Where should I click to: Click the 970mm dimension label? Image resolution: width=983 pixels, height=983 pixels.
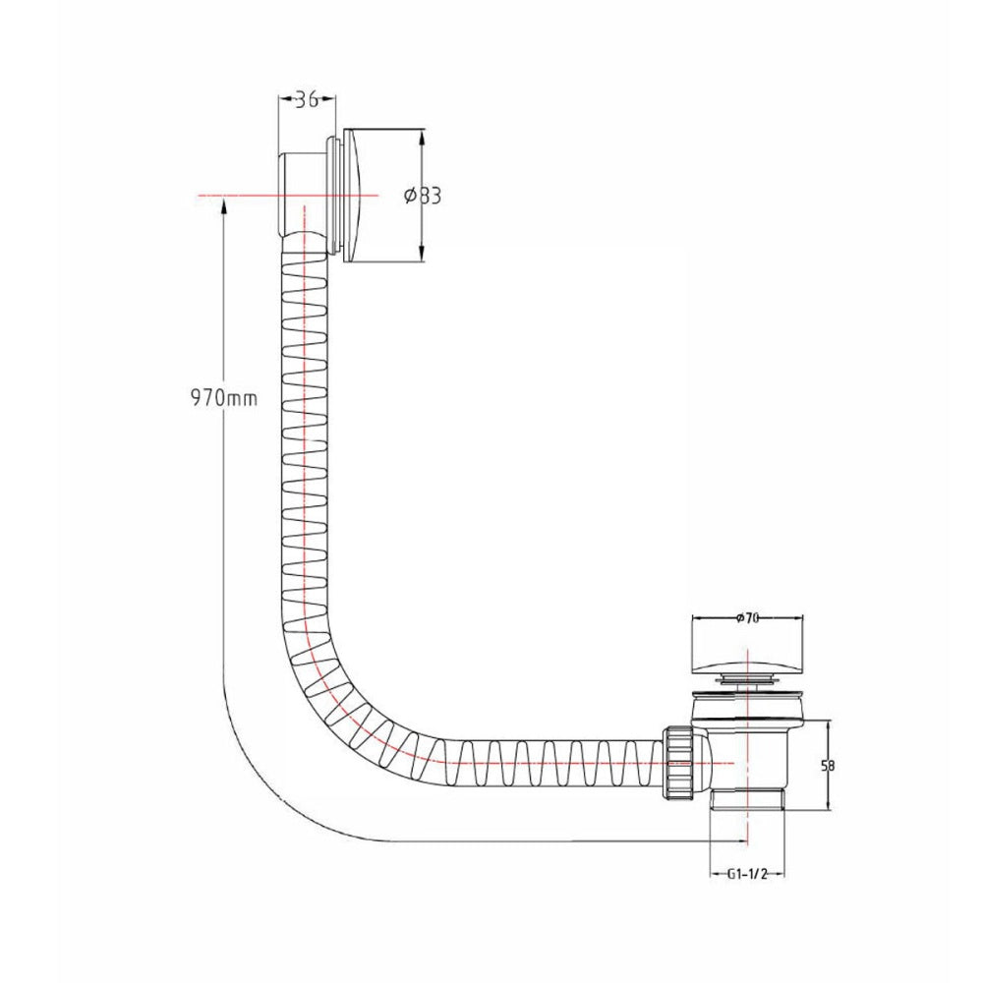coord(224,397)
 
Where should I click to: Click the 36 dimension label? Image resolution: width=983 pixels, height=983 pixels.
coord(307,99)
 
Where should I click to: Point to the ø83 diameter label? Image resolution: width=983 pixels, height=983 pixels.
coord(423,196)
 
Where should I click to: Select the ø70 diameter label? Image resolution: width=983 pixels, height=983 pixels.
coord(747,618)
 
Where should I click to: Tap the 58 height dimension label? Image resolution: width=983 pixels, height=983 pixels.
coord(828,766)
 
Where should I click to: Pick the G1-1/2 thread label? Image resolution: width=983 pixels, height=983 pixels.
coord(747,874)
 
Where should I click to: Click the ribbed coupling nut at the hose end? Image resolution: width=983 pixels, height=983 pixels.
coord(676,763)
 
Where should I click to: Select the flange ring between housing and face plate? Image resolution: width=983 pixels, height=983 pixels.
coord(333,195)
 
